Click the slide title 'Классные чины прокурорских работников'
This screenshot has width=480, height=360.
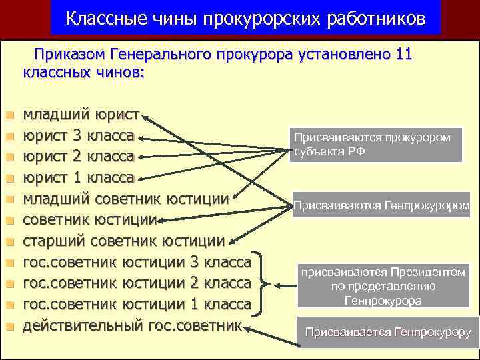click(x=245, y=19)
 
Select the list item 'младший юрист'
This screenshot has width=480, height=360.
click(x=81, y=115)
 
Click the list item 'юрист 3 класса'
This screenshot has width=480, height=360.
click(x=79, y=136)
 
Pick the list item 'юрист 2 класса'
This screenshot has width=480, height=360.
click(x=79, y=157)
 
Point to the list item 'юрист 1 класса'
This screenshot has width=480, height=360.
click(x=79, y=178)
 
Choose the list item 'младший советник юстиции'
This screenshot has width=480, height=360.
click(x=126, y=199)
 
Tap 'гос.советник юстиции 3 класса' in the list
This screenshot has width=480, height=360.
click(x=137, y=263)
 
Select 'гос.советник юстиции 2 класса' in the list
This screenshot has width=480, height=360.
click(x=137, y=283)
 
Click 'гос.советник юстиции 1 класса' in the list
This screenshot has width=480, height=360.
click(x=137, y=305)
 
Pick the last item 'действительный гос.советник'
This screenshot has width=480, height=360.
click(x=131, y=326)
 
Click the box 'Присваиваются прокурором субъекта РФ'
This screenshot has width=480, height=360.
click(x=375, y=144)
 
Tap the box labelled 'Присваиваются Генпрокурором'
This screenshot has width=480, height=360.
click(x=382, y=206)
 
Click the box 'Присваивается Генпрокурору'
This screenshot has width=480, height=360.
click(x=387, y=331)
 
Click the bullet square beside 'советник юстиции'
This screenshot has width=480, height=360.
click(x=9, y=221)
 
